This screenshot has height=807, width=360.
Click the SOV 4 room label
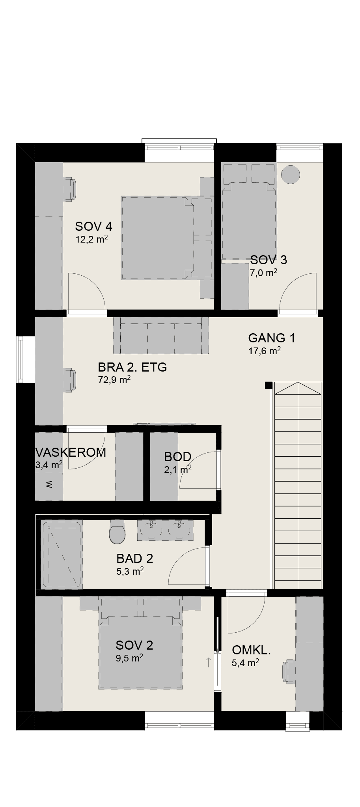[94, 226]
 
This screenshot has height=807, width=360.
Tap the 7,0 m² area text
[263, 272]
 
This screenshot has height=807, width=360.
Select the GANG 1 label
[272, 338]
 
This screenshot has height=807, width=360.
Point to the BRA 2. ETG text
[132, 367]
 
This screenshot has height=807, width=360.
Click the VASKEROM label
[71, 452]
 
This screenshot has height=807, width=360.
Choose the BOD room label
[178, 457]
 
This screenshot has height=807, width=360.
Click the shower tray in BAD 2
[62, 554]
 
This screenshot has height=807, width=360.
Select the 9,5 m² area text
[129, 658]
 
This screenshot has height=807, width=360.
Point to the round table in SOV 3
[291, 174]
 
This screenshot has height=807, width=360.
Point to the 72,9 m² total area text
[114, 380]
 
